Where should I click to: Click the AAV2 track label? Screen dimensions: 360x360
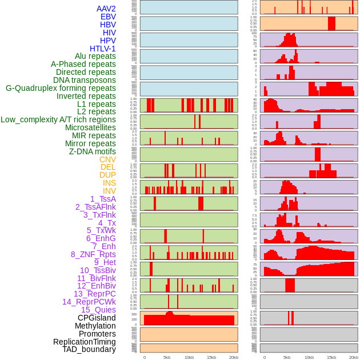[x=106, y=9]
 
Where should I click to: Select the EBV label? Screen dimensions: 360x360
[x=108, y=17]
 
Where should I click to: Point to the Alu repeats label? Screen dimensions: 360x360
[x=95, y=56]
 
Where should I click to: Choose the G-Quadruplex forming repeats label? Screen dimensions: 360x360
[x=61, y=88]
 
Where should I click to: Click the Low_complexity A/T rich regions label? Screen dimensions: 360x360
[x=58, y=119]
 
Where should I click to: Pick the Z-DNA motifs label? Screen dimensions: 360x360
[x=92, y=151]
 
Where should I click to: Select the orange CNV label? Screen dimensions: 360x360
[x=107, y=159]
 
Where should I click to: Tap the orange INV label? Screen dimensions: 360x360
[x=109, y=191]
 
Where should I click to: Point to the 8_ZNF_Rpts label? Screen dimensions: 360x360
[x=93, y=254]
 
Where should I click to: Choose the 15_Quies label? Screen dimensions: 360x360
[x=98, y=310]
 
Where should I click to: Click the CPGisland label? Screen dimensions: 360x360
[x=97, y=318]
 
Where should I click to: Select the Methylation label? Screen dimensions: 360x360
[x=95, y=326]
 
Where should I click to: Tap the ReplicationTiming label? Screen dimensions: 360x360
[x=84, y=342]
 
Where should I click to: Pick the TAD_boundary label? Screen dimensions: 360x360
[x=89, y=349]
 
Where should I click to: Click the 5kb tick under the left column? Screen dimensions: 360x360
[x=167, y=357]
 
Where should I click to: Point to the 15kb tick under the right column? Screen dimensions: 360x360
[x=331, y=357]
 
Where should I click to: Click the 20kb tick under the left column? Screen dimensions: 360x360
[x=234, y=357]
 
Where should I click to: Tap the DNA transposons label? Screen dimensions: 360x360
[x=85, y=80]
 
